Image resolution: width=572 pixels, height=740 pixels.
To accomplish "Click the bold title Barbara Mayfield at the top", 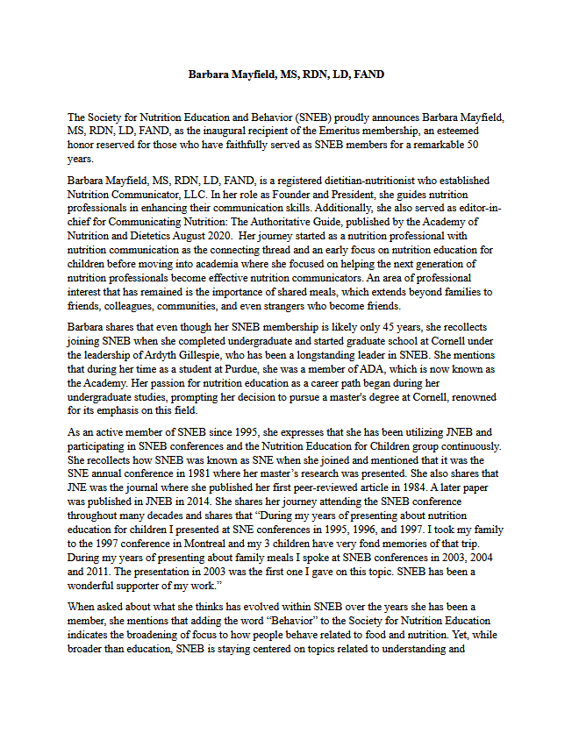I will [285, 75].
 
